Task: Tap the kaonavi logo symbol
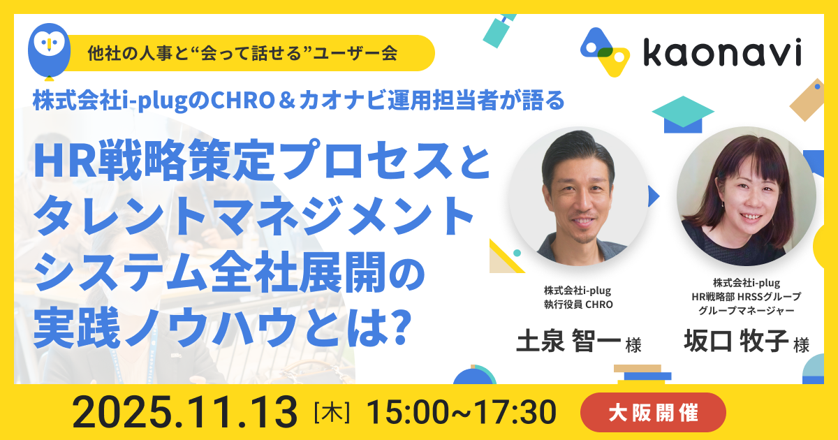(605, 52)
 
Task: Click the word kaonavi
(722, 53)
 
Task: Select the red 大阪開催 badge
(653, 412)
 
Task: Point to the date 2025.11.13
(185, 412)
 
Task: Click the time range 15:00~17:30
(461, 412)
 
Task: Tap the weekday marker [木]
(332, 412)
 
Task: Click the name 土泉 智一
(568, 341)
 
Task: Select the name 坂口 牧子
(736, 341)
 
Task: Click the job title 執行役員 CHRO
(578, 305)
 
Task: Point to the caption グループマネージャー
(747, 311)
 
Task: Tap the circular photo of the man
(578, 196)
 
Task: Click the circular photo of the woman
(747, 196)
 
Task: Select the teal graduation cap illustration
(683, 114)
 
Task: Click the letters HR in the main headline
(66, 160)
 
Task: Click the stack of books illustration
(642, 374)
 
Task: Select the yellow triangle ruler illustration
(504, 258)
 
